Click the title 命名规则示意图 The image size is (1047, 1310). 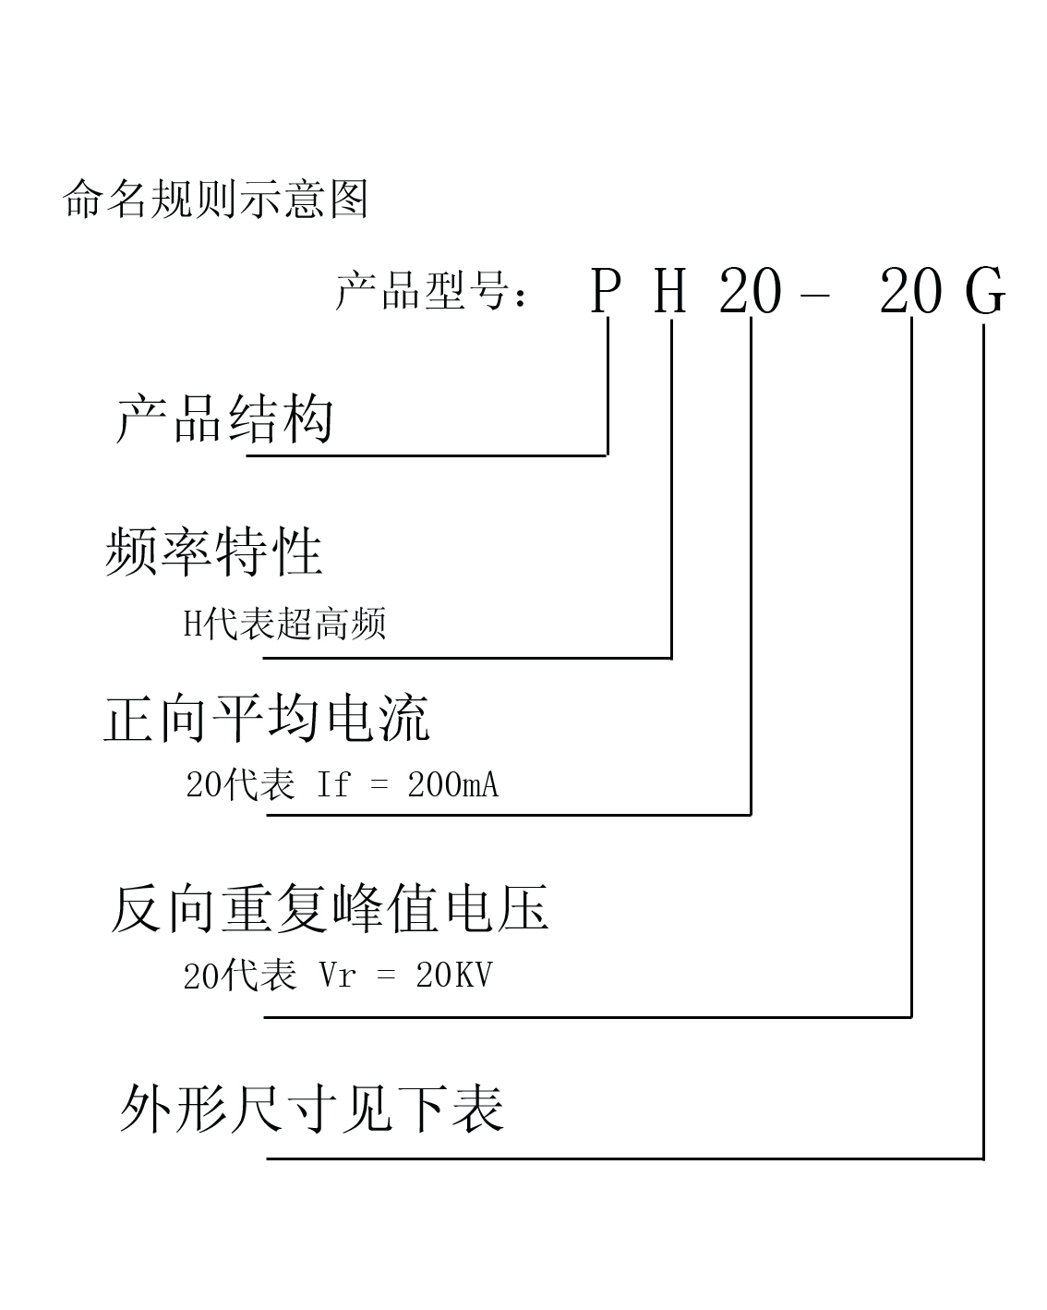click(x=215, y=199)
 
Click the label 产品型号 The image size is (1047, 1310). click(x=422, y=290)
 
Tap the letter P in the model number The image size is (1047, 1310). click(x=606, y=291)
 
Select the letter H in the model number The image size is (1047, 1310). click(x=669, y=291)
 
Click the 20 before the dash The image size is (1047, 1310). click(x=750, y=292)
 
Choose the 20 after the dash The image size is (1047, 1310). click(x=910, y=292)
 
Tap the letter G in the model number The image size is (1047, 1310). click(x=985, y=292)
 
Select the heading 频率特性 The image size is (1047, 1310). click(x=213, y=552)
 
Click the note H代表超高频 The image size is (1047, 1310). click(x=284, y=624)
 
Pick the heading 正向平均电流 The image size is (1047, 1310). click(x=267, y=719)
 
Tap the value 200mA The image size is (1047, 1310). click(x=453, y=784)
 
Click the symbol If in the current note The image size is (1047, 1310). click(x=333, y=784)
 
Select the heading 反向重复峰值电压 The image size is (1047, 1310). click(x=329, y=909)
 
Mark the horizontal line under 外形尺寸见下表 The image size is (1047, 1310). click(x=625, y=1159)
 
